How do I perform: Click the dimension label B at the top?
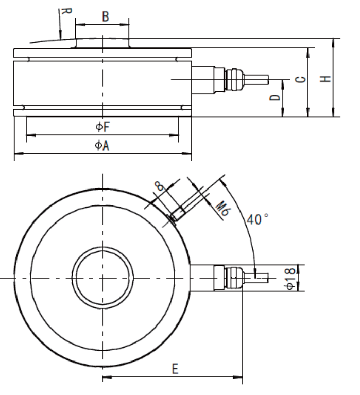[x=105, y=18]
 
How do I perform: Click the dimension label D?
[x=276, y=97]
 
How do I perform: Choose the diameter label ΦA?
[x=101, y=146]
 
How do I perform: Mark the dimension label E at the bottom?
[x=175, y=370]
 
